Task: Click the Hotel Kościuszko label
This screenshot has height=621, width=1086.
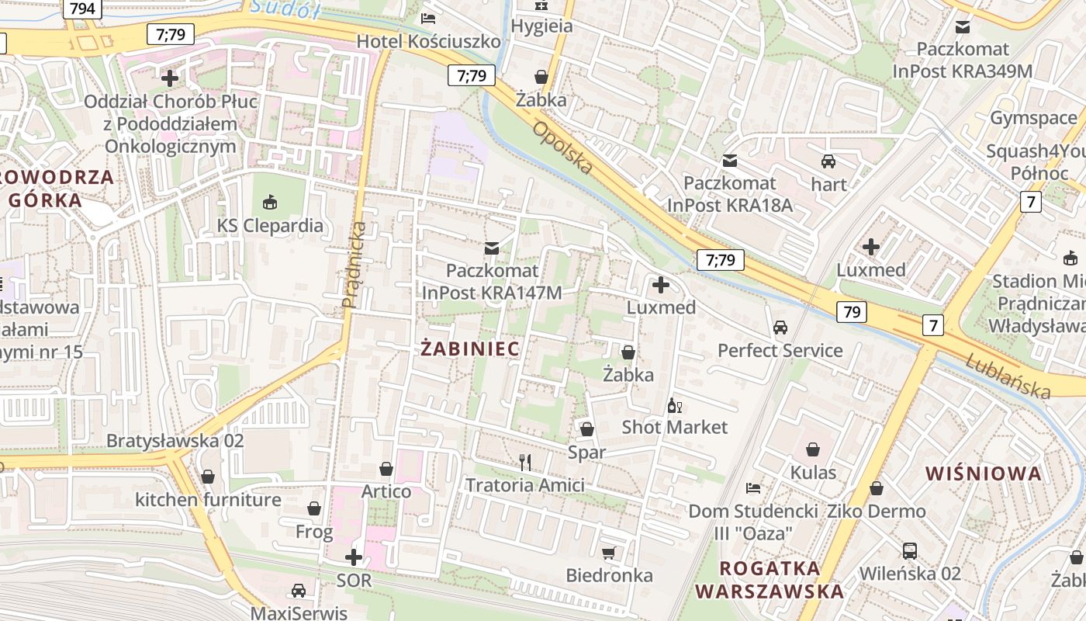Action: coord(428,41)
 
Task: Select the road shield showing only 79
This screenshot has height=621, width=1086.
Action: coord(852,312)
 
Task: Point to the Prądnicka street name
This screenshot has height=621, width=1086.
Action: coord(355,264)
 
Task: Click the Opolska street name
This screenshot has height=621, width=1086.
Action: coord(562,147)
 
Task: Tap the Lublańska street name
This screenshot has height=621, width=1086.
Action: coord(1008,376)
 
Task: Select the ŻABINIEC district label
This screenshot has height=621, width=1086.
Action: coord(470,349)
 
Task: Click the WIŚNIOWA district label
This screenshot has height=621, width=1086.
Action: coord(984,474)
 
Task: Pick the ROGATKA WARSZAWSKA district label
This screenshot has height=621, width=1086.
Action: coord(769,579)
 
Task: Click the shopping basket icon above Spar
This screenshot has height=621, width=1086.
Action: coord(587,429)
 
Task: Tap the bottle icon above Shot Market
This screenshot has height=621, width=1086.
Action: coord(675,405)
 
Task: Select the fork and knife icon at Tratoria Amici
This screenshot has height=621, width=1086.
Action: coord(525,463)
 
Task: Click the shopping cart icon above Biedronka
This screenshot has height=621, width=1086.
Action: coord(609,553)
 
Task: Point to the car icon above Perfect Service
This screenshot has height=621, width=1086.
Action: coord(780,328)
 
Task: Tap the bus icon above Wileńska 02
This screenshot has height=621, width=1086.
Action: coord(910,551)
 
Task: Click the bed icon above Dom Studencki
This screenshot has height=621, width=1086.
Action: coord(752,488)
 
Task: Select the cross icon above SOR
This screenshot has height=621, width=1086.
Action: coord(354,557)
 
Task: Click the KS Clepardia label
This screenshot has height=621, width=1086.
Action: coord(270,226)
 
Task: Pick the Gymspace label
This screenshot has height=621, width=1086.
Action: coord(1033,118)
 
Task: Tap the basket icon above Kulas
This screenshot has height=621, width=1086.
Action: coord(813,449)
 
